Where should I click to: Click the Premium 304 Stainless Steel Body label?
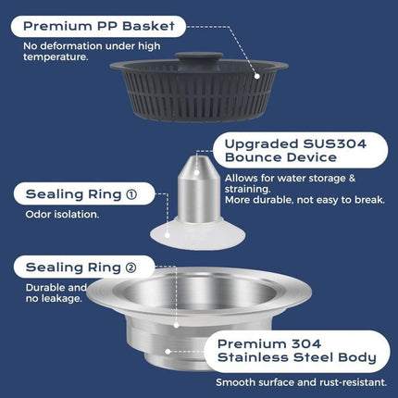(x=295, y=348)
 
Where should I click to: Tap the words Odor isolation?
(x=63, y=216)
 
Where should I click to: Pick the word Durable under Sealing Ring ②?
(x=42, y=288)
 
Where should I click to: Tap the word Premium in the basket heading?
(x=49, y=26)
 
